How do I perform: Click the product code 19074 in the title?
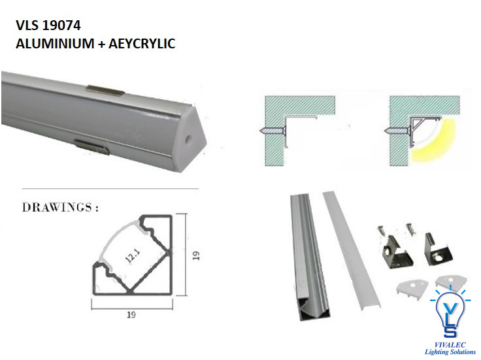(x=61, y=25)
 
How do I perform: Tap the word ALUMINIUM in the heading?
(x=55, y=44)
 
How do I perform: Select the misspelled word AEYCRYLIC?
(x=142, y=44)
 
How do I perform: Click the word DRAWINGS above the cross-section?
(x=57, y=208)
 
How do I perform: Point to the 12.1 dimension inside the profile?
(x=133, y=255)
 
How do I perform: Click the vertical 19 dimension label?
(x=196, y=255)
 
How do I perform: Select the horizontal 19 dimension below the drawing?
(x=131, y=315)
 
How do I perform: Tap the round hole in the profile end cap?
(x=186, y=139)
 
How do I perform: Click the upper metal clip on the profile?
(x=105, y=90)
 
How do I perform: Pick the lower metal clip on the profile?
(x=92, y=146)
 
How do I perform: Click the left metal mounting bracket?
(x=396, y=252)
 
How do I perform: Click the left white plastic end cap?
(x=412, y=288)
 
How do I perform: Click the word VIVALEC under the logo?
(x=450, y=345)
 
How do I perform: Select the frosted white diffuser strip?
(x=352, y=250)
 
